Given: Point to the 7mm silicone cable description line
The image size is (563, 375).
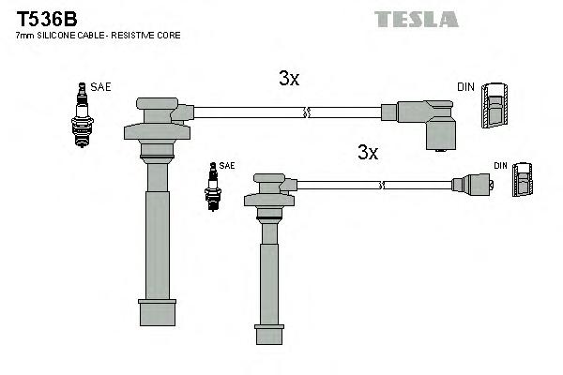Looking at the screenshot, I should coord(99,36).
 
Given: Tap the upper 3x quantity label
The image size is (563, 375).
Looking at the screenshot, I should coord(289,80).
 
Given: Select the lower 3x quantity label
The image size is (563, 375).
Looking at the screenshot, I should coord(367,153).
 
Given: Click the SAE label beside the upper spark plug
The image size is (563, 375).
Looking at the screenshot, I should coord(101,87).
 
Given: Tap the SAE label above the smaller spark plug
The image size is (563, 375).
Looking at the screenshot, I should coord(226,165).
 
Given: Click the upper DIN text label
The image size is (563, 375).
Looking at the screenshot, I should coord(465,87).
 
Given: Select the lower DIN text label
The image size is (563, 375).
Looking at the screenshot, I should coord(500,166).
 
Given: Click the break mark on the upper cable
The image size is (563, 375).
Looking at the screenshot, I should coord(304,113).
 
